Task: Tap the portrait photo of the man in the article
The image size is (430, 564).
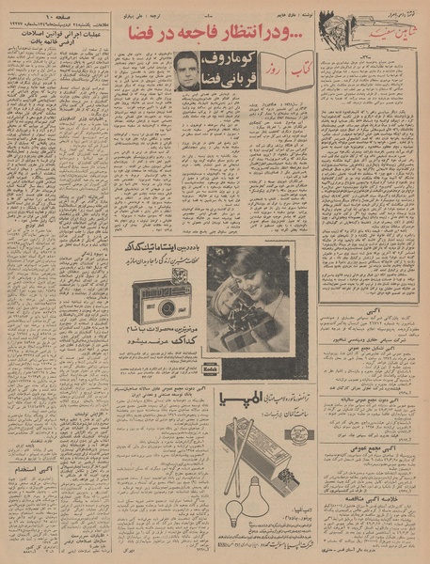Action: (186, 72)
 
